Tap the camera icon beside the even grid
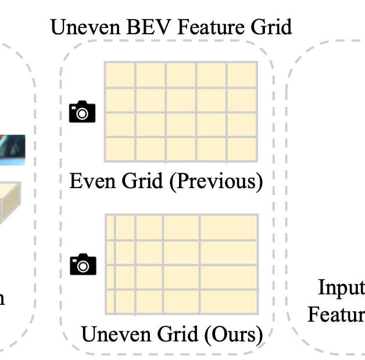(x=82, y=111)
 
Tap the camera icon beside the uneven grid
(x=82, y=264)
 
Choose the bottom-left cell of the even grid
(x=120, y=148)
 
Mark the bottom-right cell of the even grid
(x=242, y=148)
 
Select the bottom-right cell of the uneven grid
(x=229, y=301)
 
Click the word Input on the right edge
(x=342, y=287)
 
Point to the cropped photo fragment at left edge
(x=12, y=150)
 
